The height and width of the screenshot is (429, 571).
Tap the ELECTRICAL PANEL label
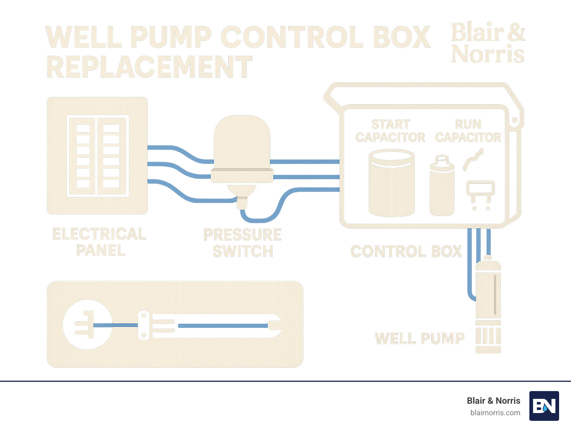coord(100,242)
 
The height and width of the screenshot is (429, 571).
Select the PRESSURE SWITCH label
coord(242,243)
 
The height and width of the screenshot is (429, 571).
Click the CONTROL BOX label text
coord(406,252)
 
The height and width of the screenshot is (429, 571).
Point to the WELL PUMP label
coord(419,339)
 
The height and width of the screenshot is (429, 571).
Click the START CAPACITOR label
coord(390,131)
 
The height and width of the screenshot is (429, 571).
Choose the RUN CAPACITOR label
coord(468,131)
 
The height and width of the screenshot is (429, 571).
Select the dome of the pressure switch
coord(242,142)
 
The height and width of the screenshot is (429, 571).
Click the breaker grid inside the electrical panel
coord(98,156)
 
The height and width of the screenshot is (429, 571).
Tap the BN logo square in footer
coord(544,406)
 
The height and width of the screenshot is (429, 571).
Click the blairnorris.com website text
coord(495,413)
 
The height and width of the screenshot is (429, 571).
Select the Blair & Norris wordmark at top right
coord(488,43)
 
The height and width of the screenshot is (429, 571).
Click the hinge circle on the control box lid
coord(515,120)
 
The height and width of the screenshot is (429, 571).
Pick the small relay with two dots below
coord(481,191)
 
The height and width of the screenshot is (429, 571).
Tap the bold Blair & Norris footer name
coord(493,401)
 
